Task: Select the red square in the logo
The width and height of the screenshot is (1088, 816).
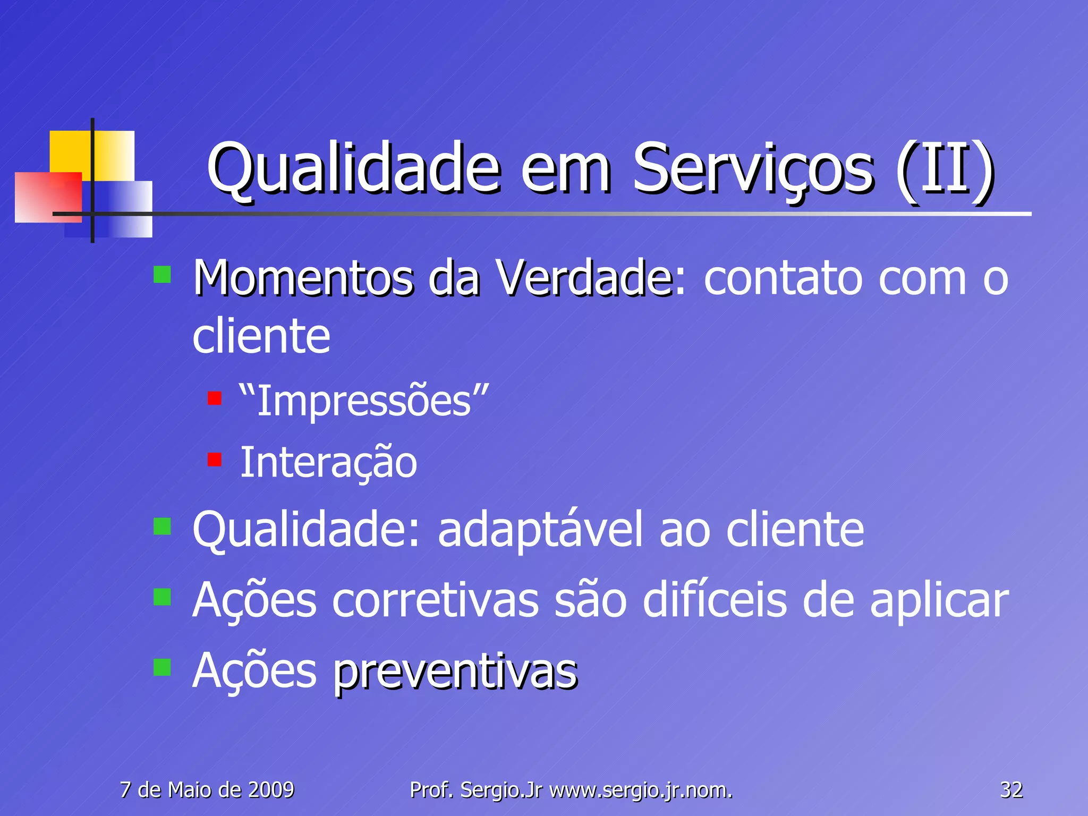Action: tap(48, 197)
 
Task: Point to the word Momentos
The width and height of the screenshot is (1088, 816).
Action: tap(303, 278)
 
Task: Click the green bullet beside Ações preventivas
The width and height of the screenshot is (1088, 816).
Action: tap(162, 667)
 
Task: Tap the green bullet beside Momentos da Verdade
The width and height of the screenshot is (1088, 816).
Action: tap(162, 275)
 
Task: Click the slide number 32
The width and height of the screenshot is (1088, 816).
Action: tap(1011, 790)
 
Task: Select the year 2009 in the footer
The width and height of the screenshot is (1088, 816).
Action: tap(271, 790)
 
